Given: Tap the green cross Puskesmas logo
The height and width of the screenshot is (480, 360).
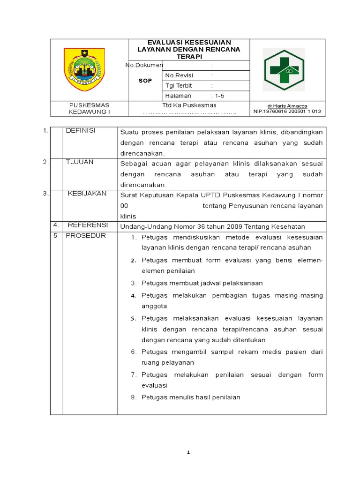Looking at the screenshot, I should tap(284, 69).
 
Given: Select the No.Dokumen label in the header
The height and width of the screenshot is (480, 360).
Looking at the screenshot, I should tap(144, 65).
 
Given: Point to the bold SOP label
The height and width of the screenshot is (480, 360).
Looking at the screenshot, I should tap(145, 81).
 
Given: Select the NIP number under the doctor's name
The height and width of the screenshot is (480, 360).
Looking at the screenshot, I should tap(287, 112).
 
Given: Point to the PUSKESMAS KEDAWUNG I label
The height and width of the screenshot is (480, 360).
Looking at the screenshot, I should tap(89, 108).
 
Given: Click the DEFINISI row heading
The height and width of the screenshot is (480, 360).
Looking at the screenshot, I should tap(81, 131).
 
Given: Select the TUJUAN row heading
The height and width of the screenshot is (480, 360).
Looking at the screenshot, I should tap(80, 162).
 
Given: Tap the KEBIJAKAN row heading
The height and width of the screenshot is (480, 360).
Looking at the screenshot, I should tap(87, 193).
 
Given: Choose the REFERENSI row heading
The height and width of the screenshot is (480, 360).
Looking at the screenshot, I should tap(88, 225).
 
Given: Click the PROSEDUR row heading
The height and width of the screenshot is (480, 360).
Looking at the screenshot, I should tap(86, 235).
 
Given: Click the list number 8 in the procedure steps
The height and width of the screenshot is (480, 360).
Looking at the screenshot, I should tap(133, 397).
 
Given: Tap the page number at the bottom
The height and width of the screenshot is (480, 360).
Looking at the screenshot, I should tap(188, 452).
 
